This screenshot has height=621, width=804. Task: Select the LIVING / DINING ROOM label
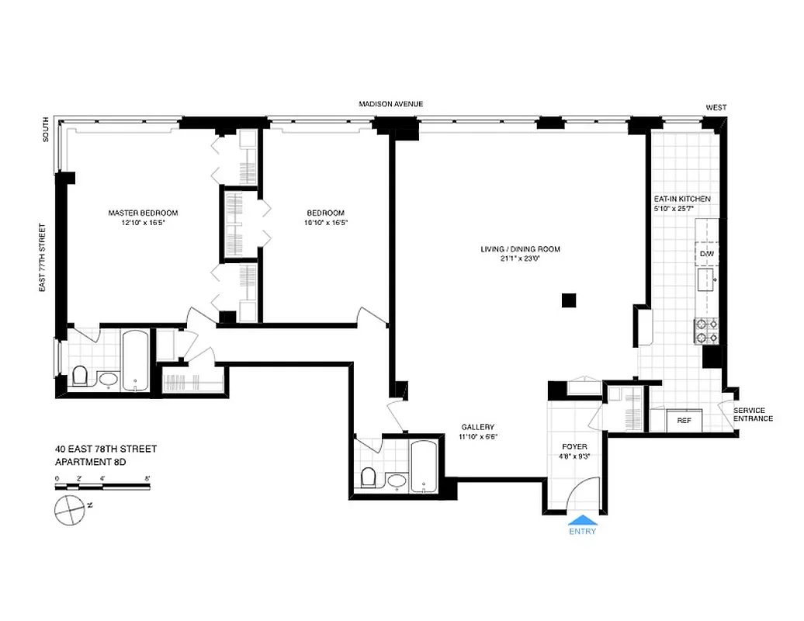click(519, 250)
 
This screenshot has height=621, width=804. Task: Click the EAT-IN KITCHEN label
click(682, 199)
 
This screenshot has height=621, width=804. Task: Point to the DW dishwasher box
click(706, 255)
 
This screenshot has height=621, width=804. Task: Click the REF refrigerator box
click(684, 420)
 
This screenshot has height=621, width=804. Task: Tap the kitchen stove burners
click(707, 331)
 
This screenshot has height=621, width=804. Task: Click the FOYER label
click(575, 447)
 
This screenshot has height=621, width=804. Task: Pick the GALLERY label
click(477, 427)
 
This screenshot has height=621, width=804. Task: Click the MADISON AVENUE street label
click(390, 104)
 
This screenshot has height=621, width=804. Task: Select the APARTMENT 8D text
click(90, 462)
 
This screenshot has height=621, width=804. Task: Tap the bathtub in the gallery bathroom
click(424, 467)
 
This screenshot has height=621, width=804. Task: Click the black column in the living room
click(569, 300)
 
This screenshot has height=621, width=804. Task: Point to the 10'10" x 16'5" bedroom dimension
click(325, 223)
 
